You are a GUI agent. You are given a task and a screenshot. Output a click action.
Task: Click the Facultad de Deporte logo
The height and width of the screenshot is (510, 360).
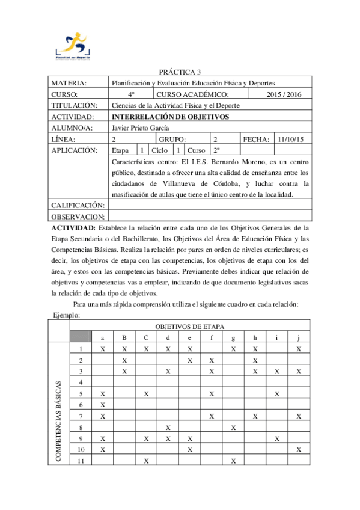click(70, 46)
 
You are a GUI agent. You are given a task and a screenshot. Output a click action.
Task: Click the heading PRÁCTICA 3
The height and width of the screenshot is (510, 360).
click(180, 72)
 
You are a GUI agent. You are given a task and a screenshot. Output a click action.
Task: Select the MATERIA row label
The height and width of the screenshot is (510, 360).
click(70, 83)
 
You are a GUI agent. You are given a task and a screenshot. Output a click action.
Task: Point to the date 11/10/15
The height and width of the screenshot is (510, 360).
click(291, 139)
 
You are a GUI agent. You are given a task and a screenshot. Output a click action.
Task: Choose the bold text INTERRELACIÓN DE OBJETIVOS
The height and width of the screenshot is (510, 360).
click(171, 117)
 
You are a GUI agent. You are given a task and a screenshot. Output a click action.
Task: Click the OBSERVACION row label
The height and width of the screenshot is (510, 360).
click(78, 217)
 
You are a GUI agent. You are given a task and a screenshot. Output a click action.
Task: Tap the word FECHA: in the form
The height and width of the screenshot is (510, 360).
click(256, 139)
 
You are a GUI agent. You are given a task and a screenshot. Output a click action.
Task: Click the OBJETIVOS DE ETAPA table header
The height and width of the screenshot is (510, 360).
click(190, 326)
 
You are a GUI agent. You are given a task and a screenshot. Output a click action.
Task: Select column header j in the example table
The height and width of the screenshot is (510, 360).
click(299, 337)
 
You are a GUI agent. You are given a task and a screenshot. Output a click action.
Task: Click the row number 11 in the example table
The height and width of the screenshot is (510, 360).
click(81, 461)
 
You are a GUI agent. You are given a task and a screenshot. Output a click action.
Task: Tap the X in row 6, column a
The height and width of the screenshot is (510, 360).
click(103, 405)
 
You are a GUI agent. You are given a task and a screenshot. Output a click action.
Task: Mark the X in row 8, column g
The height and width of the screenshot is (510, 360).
click(233, 427)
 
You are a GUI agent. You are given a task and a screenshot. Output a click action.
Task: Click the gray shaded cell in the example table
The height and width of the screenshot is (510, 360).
click(81, 337)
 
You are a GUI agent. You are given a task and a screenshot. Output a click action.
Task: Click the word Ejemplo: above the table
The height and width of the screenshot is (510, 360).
click(67, 315)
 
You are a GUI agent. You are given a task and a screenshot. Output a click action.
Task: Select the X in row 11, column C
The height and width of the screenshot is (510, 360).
click(146, 461)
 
